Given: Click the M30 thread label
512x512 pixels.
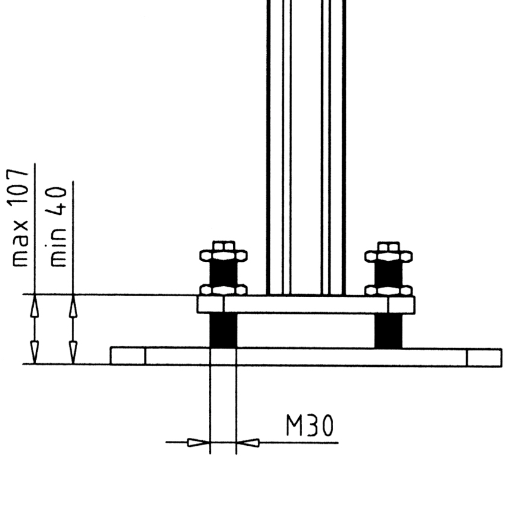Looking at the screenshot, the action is click(x=310, y=425).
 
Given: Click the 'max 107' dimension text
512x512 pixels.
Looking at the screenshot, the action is click(x=19, y=218).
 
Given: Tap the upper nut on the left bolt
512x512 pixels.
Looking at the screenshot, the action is click(x=223, y=255).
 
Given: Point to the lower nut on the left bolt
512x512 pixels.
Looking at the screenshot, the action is click(x=223, y=290).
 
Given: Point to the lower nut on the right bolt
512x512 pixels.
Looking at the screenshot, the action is click(x=389, y=290).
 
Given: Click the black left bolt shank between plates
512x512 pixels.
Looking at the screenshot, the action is click(x=223, y=331).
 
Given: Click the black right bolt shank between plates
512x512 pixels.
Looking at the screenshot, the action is click(x=389, y=331).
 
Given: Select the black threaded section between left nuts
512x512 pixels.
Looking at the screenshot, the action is click(x=223, y=273).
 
